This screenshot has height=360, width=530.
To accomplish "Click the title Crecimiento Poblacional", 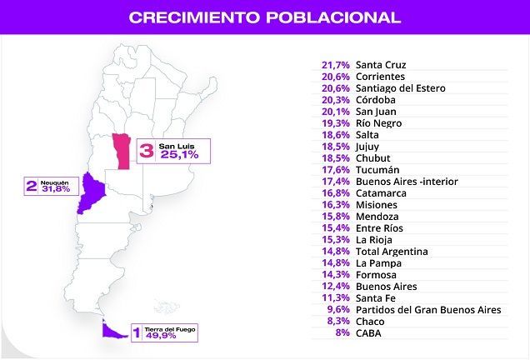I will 265,16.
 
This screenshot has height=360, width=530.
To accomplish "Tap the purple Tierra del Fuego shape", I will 107,331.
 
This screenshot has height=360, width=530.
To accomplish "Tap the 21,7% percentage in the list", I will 335,65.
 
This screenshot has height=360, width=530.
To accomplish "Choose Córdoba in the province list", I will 377,100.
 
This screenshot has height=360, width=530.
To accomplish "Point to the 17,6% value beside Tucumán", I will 335,170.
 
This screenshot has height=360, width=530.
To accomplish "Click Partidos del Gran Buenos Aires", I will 427,310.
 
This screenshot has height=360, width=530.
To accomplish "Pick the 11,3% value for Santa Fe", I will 335,297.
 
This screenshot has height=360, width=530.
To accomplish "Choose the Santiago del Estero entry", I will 400,88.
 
